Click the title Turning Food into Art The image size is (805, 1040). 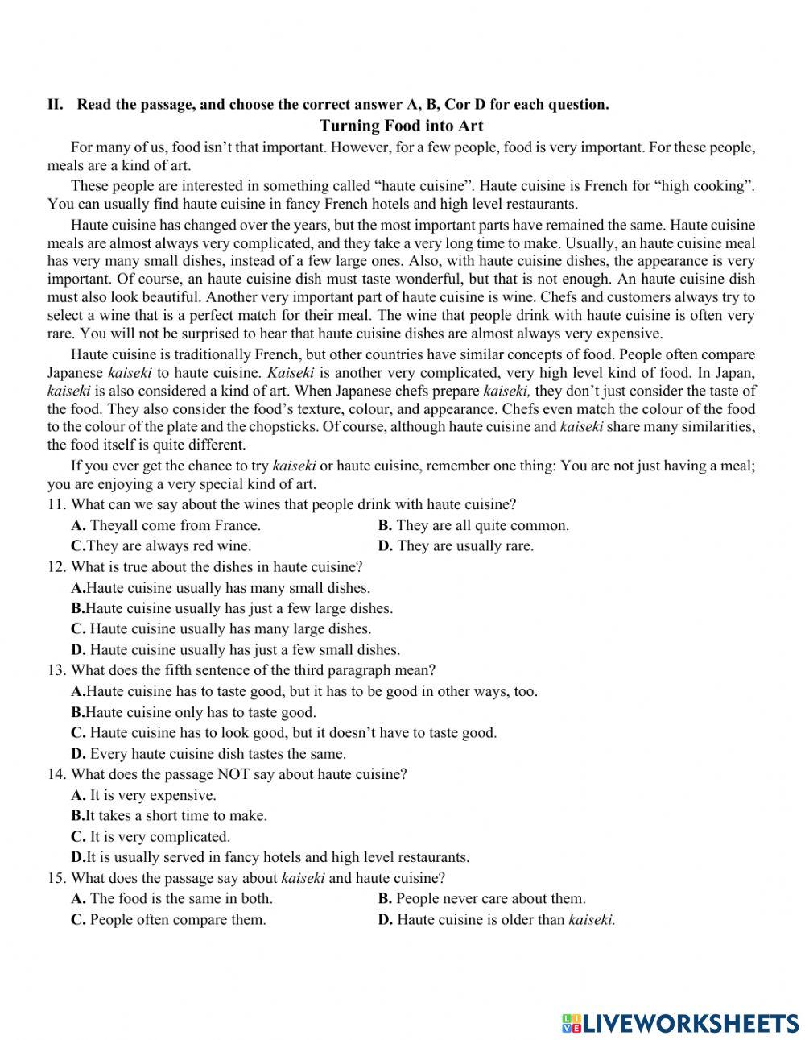pyautogui.click(x=401, y=126)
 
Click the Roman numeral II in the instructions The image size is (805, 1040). pyautogui.click(x=55, y=104)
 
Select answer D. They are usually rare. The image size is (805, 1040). pyautogui.click(x=456, y=546)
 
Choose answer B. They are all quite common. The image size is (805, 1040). pyautogui.click(x=473, y=525)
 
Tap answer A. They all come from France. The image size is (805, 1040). pyautogui.click(x=166, y=525)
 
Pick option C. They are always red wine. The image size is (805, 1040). pyautogui.click(x=161, y=546)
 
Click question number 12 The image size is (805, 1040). pyautogui.click(x=56, y=567)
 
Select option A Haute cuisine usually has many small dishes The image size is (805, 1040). pyautogui.click(x=221, y=588)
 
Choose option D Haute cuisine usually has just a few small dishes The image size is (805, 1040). pyautogui.click(x=235, y=650)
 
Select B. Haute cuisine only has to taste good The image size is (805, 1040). pyautogui.click(x=193, y=712)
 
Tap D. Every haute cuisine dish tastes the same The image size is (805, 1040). pyautogui.click(x=208, y=754)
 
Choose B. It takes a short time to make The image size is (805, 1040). pyautogui.click(x=169, y=816)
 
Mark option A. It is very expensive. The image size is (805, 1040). pyautogui.click(x=143, y=795)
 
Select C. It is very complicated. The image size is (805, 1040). pyautogui.click(x=151, y=837)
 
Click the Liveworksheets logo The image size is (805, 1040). pyautogui.click(x=680, y=1023)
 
